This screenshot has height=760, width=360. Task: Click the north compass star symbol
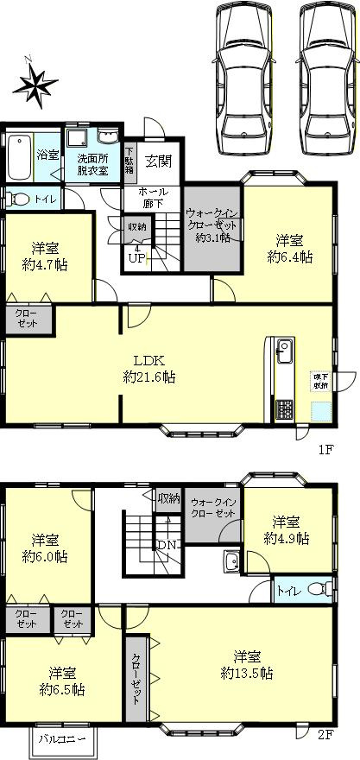coord(33,84)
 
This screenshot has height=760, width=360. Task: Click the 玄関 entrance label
coord(157,160)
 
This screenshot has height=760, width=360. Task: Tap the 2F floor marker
coord(325,736)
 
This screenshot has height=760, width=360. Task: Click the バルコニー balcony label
coord(67,740)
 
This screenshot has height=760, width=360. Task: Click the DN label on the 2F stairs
coord(166,545)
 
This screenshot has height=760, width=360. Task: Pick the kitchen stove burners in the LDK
coord(284,409)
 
